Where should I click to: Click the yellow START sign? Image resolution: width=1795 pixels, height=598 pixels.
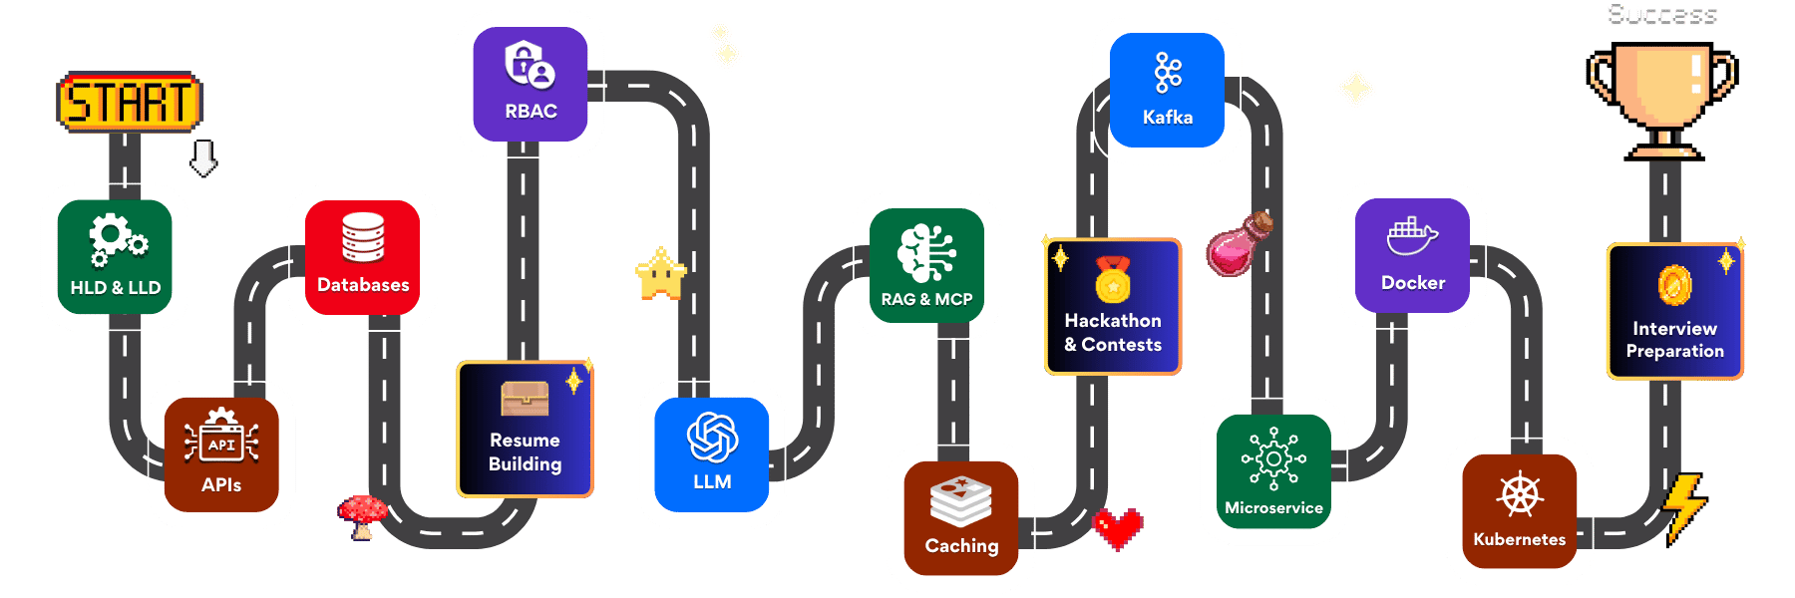(x=130, y=102)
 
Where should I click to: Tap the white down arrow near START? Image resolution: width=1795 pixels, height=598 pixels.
(x=203, y=157)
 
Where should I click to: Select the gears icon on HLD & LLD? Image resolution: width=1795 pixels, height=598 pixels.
(x=117, y=240)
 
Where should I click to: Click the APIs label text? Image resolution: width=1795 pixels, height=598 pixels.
(x=221, y=485)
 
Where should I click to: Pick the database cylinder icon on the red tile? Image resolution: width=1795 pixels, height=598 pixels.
(x=363, y=237)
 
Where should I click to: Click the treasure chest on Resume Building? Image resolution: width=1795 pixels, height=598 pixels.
(x=525, y=399)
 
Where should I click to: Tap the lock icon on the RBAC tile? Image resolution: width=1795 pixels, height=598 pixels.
(x=529, y=65)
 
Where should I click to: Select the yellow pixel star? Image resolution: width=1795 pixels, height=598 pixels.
(x=660, y=274)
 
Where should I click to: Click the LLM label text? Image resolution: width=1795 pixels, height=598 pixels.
(x=712, y=482)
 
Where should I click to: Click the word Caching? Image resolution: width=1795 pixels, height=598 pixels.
(x=961, y=546)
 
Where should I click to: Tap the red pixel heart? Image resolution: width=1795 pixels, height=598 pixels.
(x=1118, y=527)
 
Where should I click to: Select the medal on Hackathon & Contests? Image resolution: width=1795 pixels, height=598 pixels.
(x=1113, y=280)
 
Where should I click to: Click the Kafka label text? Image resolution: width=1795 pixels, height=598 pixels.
(x=1168, y=118)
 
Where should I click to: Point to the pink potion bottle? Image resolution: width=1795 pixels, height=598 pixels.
(x=1237, y=244)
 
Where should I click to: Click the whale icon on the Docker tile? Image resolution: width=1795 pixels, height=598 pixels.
(x=1412, y=236)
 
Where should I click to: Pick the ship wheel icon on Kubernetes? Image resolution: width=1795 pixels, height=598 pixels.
(x=1520, y=494)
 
